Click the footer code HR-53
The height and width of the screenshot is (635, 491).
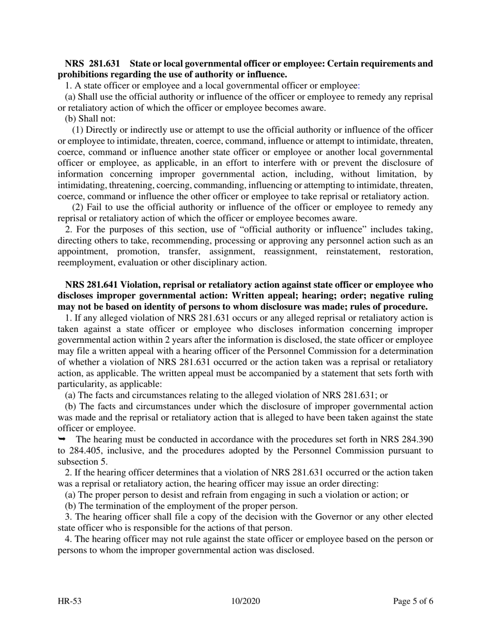[x=70, y=601]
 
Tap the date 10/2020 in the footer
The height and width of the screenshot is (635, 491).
[x=245, y=601]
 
